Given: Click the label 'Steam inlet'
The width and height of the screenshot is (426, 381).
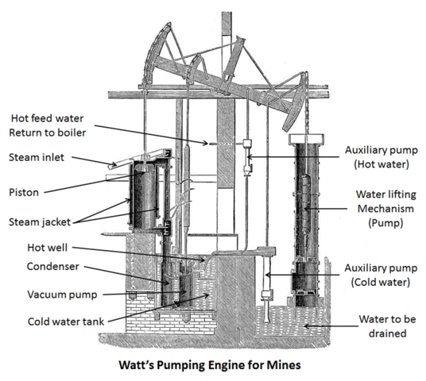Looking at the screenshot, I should [37, 159].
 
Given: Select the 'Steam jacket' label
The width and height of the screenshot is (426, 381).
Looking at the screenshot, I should [41, 220].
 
